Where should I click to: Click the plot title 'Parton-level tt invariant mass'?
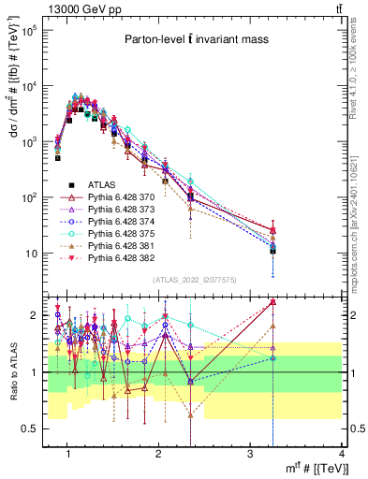tap(191, 39)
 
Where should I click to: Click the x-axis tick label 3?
tap(251, 456)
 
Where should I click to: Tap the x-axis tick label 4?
tap(342, 456)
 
